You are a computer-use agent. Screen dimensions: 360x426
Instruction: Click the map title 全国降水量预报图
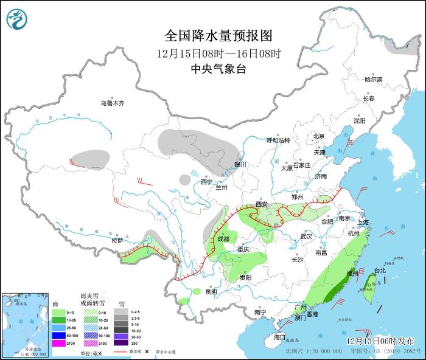(x=218, y=35)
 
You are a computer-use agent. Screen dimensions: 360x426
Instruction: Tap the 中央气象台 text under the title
(x=218, y=69)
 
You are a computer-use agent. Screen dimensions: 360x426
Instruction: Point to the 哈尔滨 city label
(x=373, y=80)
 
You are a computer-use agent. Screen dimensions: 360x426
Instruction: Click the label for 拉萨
(x=117, y=241)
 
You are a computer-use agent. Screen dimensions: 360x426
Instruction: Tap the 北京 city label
(x=319, y=136)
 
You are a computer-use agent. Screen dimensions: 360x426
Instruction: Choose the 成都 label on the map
(x=223, y=239)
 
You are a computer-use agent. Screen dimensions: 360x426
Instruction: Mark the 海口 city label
(x=279, y=337)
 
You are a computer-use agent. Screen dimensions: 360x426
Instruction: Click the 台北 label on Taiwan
(x=379, y=270)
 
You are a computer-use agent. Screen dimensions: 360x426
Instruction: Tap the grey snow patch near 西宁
(x=185, y=179)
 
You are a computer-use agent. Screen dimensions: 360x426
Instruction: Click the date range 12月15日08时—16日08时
(x=218, y=53)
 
